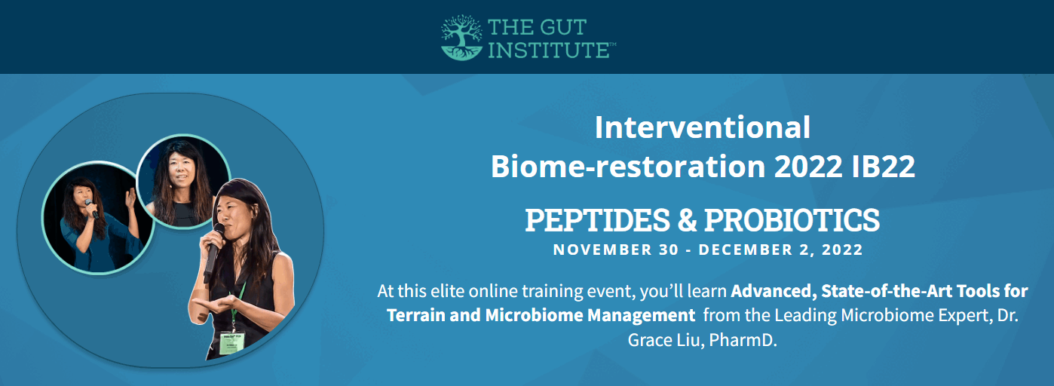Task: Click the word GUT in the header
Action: tap(559, 29)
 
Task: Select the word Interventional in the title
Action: tap(702, 127)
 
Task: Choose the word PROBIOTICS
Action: tap(792, 220)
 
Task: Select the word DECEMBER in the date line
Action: tap(743, 250)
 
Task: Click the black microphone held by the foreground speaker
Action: tap(214, 249)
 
